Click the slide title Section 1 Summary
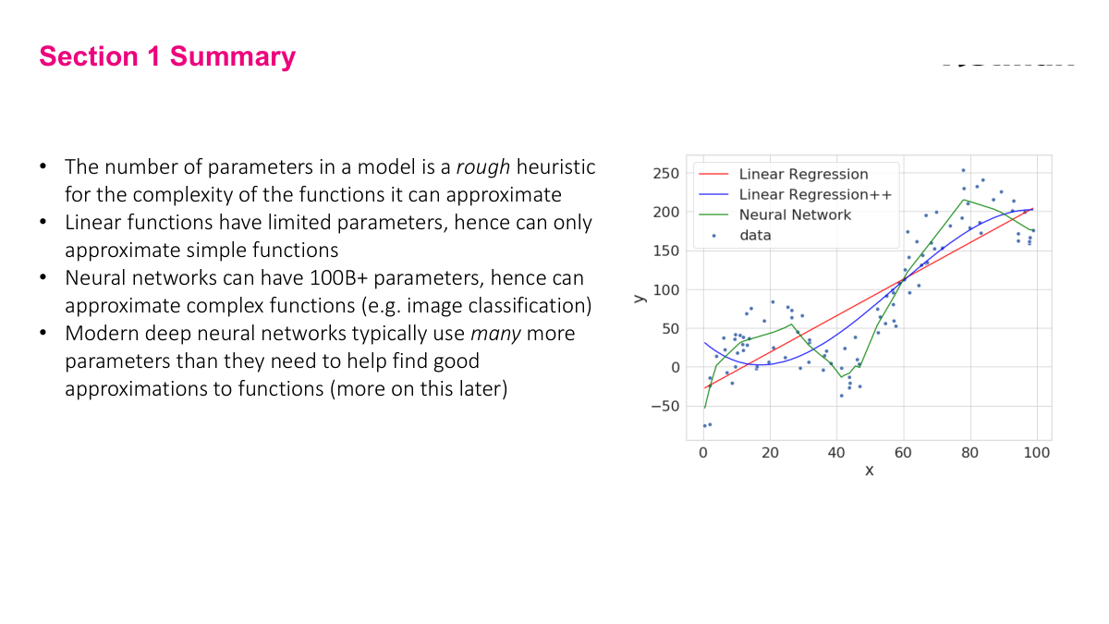click(x=167, y=56)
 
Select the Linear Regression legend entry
click(x=803, y=174)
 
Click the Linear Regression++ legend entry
click(x=814, y=194)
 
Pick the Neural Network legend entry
click(x=795, y=214)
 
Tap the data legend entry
click(x=754, y=235)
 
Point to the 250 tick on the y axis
click(x=666, y=173)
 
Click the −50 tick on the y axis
click(x=663, y=406)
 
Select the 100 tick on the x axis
click(x=1037, y=453)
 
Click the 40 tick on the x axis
click(x=836, y=453)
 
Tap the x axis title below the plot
click(x=869, y=471)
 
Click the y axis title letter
click(x=638, y=298)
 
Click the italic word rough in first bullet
click(x=483, y=167)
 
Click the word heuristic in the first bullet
click(x=555, y=167)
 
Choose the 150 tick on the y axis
click(x=666, y=251)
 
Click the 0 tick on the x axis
click(x=703, y=453)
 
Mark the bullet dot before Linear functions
click(x=43, y=223)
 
